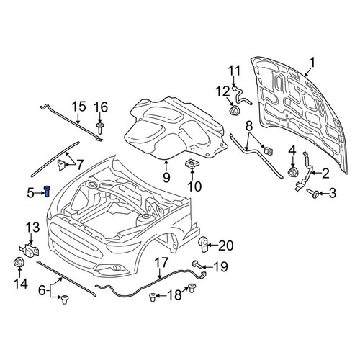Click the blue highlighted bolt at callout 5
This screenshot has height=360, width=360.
pos(48,192)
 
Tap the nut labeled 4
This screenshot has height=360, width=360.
pos(293,172)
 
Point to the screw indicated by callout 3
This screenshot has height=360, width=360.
pos(313,193)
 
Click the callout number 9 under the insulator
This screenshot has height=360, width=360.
pos(166,178)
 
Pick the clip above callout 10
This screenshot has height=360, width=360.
pos(192,164)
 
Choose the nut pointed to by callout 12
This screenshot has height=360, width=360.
pos(233,111)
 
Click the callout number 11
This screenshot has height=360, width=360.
pos(234,71)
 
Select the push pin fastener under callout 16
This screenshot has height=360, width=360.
pos(100,128)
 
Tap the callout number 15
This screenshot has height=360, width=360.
pos(78,107)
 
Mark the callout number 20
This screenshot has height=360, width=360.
pos(225,246)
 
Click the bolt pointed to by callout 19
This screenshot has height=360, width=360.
pos(197,265)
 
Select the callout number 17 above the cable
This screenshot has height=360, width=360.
pos(161,263)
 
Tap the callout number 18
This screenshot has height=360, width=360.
pos(174,295)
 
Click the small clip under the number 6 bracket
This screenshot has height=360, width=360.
pos(64,300)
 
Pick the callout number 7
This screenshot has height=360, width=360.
pos(80,165)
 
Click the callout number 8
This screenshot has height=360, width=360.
pos(249,125)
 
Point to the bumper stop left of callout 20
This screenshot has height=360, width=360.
pos(204,244)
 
